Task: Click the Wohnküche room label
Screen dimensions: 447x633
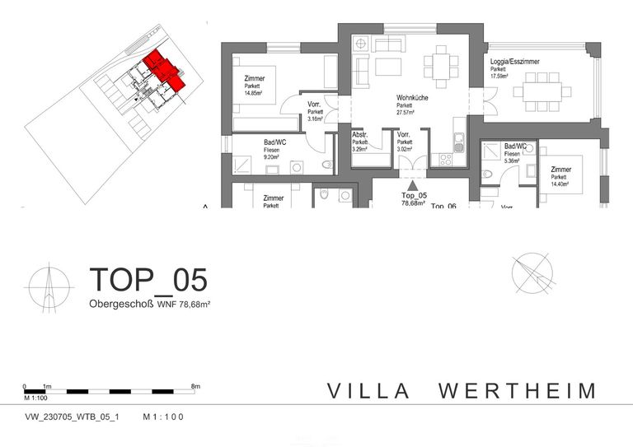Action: coord(412,97)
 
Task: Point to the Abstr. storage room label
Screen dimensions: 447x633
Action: coord(360,135)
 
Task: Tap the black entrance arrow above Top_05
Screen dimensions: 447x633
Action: coord(412,184)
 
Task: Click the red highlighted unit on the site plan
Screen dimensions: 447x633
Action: coord(163,69)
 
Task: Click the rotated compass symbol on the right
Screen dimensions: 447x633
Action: coord(532,274)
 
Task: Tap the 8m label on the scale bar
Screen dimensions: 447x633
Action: coord(195,385)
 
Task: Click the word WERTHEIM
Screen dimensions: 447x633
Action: coord(517,390)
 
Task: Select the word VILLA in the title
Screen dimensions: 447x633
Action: coord(368,390)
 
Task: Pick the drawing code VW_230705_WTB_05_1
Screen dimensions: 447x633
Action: coord(73,417)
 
